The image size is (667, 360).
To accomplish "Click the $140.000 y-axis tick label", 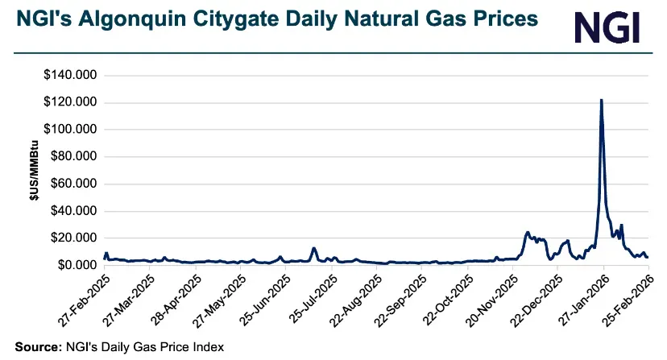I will [68, 75].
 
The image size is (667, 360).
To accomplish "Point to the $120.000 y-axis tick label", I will [68, 102].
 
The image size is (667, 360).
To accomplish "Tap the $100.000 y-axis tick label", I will [68, 129].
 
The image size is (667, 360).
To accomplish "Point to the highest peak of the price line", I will [601, 100].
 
